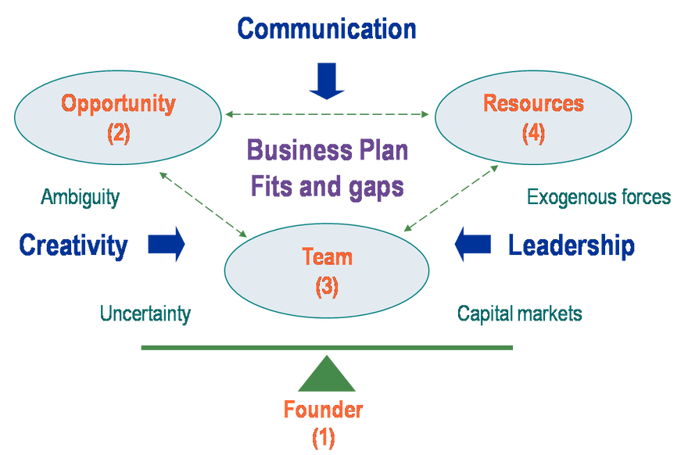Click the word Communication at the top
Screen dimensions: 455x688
pos(327,29)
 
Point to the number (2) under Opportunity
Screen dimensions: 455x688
pos(118,133)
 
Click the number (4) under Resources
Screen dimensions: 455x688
pos(533,133)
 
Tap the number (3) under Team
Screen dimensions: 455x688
pos(327,287)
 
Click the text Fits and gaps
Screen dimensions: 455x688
pos(327,187)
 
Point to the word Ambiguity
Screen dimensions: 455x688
pos(80,197)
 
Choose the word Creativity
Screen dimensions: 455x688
pos(73,245)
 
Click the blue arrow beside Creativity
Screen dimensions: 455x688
pos(167,244)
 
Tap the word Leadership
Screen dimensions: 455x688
pos(571,245)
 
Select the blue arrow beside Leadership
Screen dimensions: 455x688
pos(472,245)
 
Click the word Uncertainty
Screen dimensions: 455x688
pos(145,313)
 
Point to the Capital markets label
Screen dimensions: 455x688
pos(519,313)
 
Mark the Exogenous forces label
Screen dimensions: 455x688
pos(598,197)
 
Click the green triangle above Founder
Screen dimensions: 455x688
pos(326,375)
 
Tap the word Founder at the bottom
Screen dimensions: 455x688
pos(323,409)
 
